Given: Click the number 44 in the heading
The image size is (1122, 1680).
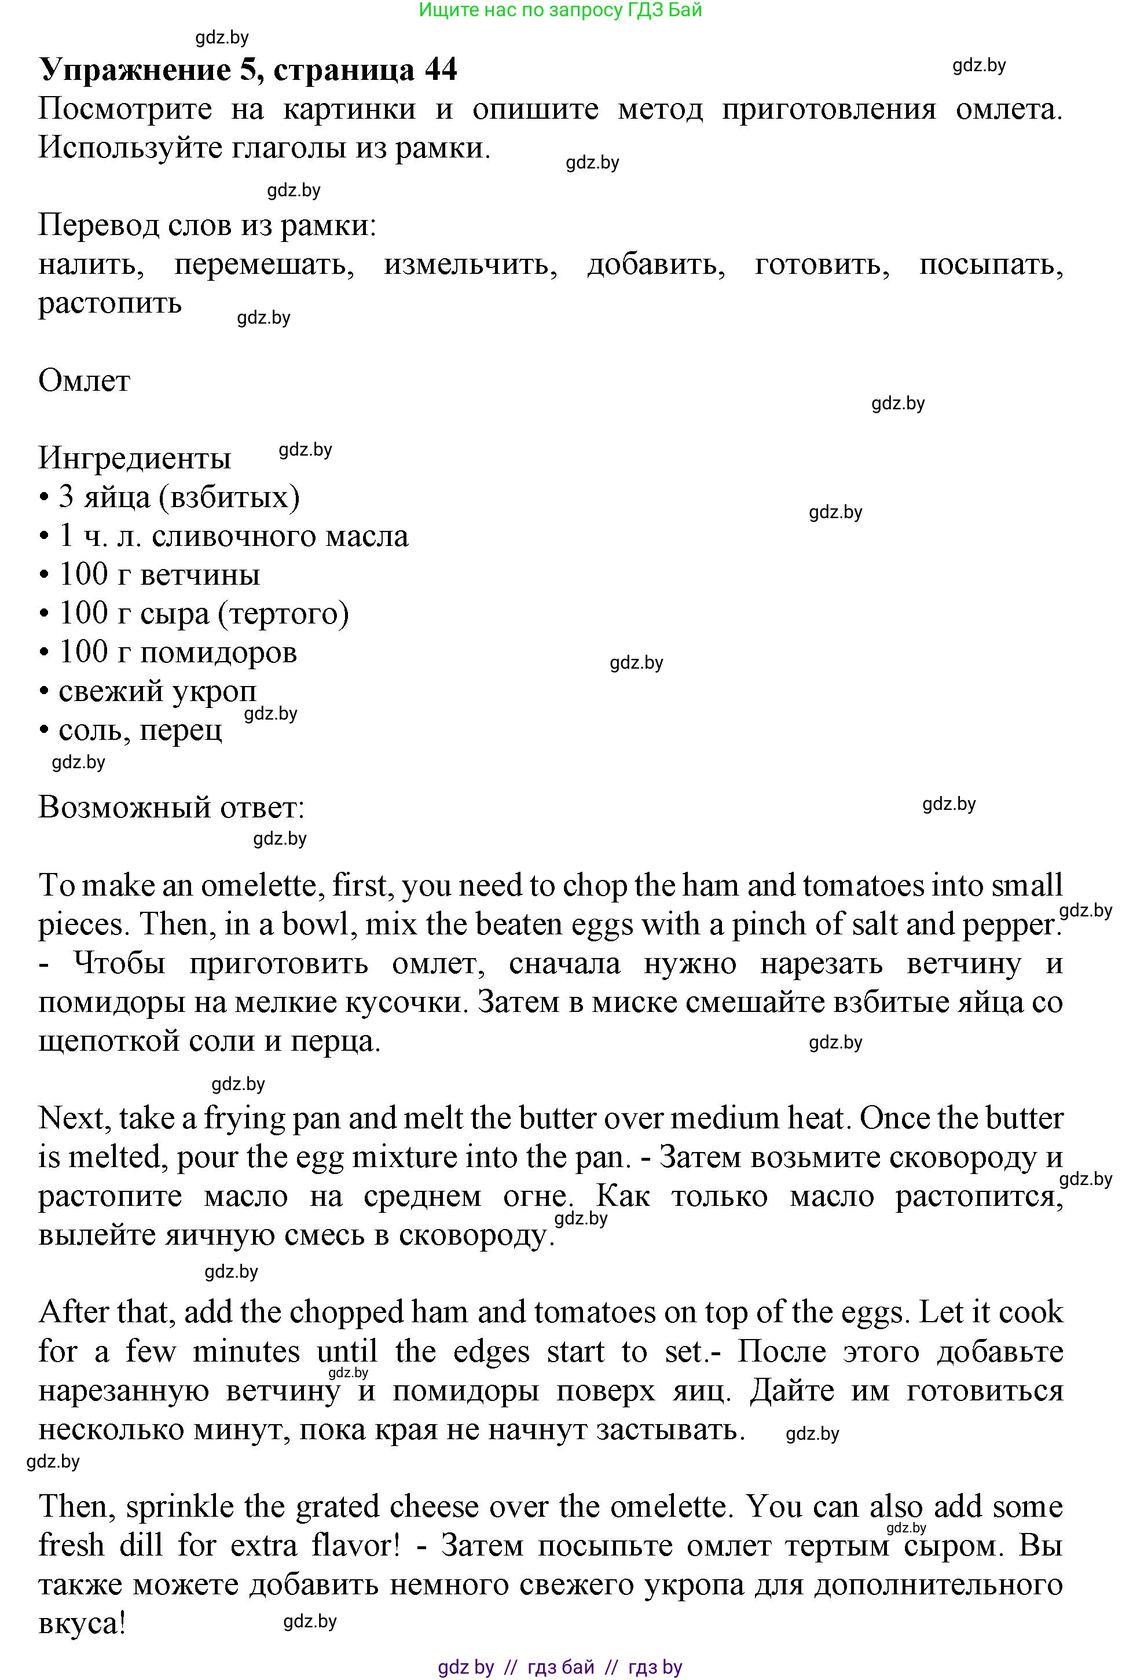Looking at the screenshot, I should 440,70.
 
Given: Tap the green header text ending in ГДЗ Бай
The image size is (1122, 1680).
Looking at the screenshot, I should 560,10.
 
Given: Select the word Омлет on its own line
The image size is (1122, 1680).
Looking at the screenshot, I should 84,381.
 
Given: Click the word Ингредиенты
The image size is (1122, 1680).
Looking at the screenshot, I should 134,458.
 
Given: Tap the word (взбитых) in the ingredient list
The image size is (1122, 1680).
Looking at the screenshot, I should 230,497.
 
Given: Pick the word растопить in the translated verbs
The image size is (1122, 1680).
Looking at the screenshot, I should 109,303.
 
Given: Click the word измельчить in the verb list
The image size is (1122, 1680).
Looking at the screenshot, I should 470,265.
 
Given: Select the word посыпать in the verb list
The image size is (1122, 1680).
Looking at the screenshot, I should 991,265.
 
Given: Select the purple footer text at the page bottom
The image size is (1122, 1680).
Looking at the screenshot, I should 560,1667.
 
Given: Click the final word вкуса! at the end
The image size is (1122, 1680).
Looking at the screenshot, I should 82,1623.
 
